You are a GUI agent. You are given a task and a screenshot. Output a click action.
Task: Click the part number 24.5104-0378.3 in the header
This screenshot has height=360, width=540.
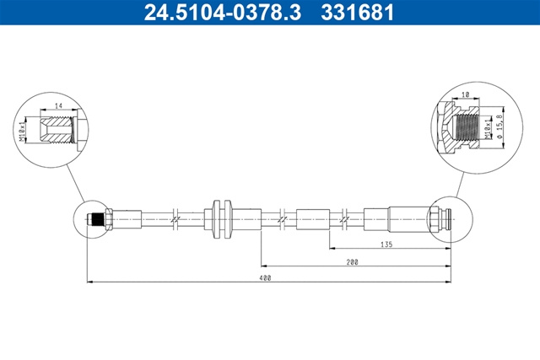coord(223,13)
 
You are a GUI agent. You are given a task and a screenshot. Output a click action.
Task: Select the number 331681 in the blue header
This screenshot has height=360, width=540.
coord(358,13)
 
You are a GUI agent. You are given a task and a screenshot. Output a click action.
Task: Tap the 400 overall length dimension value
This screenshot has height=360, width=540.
coord(267,277)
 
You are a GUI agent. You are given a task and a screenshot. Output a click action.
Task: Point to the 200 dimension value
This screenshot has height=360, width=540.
coord(353,262)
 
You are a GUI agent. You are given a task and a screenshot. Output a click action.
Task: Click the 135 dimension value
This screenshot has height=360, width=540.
coord(386,244)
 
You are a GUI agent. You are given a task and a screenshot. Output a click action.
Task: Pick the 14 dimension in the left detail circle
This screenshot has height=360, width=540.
coord(59,105)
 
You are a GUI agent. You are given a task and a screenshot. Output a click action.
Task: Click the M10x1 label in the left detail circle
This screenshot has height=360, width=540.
coord(23,131)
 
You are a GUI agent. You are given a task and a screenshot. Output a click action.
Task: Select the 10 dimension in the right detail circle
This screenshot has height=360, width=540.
coord(465,94)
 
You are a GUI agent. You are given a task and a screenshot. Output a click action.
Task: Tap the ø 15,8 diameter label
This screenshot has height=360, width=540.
coord(500,126)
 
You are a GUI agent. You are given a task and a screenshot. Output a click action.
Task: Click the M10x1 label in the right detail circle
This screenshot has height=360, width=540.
coord(487,127)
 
